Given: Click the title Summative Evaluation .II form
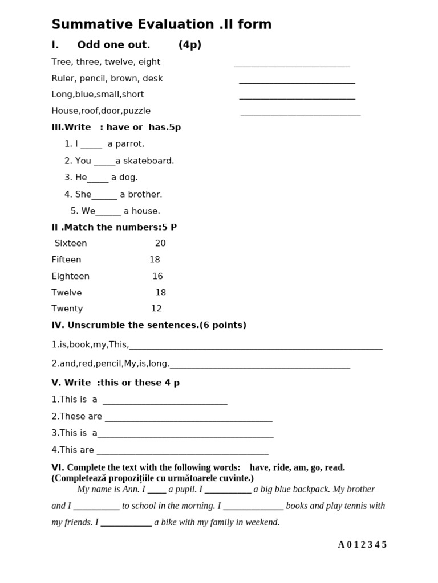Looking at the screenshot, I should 161,24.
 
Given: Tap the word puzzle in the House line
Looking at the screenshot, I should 137,111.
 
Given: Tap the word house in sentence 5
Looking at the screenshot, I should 146,211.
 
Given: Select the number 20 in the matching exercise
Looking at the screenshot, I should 160,244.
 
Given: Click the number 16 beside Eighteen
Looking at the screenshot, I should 157,277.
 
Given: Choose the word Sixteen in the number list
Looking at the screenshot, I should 71,244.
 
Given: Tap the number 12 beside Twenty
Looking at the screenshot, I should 156,309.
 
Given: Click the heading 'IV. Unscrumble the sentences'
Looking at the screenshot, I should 149,326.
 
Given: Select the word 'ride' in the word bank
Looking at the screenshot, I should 282,468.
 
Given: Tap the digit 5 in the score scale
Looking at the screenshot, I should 384,545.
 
